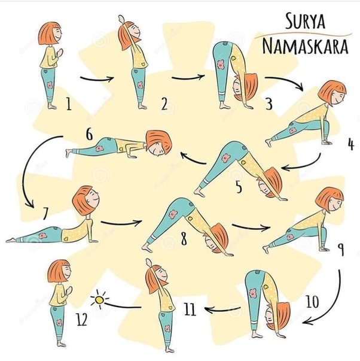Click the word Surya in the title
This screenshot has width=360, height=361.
click(x=305, y=21)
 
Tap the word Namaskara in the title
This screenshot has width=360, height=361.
click(x=305, y=47)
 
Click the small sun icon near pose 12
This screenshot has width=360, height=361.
click(x=99, y=300)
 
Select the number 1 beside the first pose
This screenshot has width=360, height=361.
click(x=68, y=104)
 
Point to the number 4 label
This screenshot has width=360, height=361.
click(x=351, y=145)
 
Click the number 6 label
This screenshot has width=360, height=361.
click(x=89, y=134)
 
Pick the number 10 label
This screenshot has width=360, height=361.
click(x=312, y=301)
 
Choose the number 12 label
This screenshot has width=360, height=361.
click(x=82, y=319)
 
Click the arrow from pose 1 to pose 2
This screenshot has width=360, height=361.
click(x=97, y=80)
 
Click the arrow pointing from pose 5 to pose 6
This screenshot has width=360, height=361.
click(x=193, y=159)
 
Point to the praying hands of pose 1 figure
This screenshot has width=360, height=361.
click(x=60, y=53)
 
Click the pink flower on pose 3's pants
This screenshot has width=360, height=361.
click(x=221, y=65)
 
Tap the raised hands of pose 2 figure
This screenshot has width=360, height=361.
click(x=121, y=19)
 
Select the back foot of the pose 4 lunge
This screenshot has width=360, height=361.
click(x=269, y=142)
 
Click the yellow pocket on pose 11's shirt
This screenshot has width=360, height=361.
click(x=170, y=308)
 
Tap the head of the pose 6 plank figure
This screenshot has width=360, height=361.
click(x=158, y=143)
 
